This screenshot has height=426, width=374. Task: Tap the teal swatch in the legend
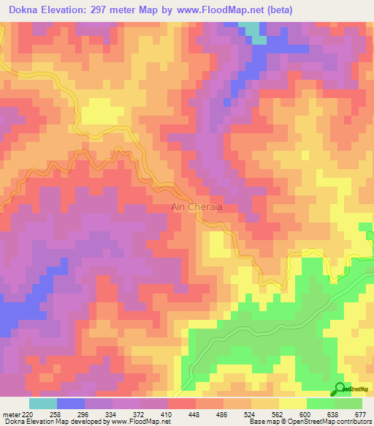(x=43, y=403)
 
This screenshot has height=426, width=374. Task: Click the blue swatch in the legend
(x=71, y=403)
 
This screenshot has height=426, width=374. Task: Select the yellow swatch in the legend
(x=293, y=403)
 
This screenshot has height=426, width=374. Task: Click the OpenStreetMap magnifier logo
(x=340, y=389)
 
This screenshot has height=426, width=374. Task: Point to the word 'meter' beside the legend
(x=10, y=414)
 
